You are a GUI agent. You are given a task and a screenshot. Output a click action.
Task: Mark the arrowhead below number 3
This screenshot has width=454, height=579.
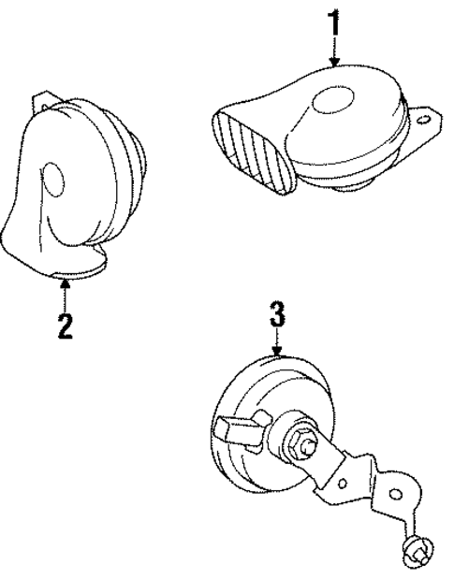[278, 353]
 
